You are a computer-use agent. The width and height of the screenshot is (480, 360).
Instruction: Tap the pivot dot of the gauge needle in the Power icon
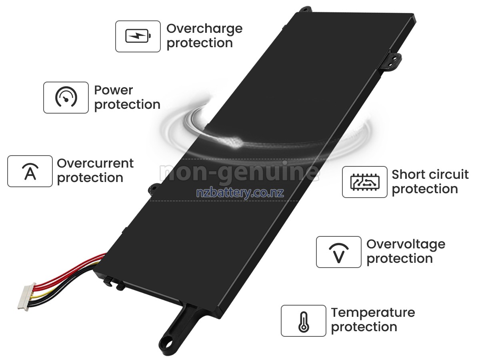(x=66, y=100)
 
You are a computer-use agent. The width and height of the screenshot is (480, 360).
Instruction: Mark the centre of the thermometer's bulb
(x=304, y=328)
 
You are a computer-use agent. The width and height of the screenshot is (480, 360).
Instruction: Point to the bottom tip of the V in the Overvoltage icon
(x=339, y=262)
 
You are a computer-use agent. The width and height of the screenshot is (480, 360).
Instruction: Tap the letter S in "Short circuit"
(x=396, y=175)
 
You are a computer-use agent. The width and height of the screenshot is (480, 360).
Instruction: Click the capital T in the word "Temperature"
(x=336, y=312)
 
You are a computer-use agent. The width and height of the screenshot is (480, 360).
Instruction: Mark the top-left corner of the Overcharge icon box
(x=116, y=21)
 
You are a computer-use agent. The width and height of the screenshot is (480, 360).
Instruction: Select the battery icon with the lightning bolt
(x=138, y=36)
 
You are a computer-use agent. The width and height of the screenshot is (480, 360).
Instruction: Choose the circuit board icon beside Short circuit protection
(x=365, y=182)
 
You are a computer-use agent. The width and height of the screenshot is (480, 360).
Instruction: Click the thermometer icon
(x=304, y=322)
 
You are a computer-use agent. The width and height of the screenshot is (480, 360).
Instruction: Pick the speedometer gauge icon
(x=66, y=97)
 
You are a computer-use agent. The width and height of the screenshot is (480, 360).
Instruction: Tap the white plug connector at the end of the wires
(x=27, y=297)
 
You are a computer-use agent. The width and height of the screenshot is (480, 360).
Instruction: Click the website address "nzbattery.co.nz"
(x=240, y=192)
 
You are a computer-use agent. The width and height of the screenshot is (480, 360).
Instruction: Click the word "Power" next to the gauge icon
(x=114, y=90)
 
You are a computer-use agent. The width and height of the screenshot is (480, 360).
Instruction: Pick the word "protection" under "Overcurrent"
(x=90, y=178)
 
